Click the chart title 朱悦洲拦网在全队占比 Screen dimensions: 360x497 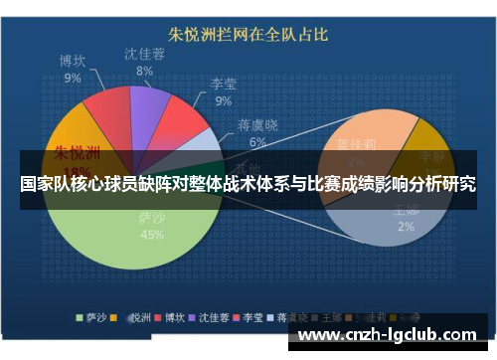[248, 36]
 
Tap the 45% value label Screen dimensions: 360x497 [152, 235]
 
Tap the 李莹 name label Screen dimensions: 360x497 [223, 85]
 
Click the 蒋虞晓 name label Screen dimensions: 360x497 [258, 126]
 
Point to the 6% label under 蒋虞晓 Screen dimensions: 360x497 [258, 142]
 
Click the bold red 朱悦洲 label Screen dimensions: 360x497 [77, 153]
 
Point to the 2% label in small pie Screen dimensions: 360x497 [406, 227]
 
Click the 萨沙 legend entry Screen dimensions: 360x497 [93, 318]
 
